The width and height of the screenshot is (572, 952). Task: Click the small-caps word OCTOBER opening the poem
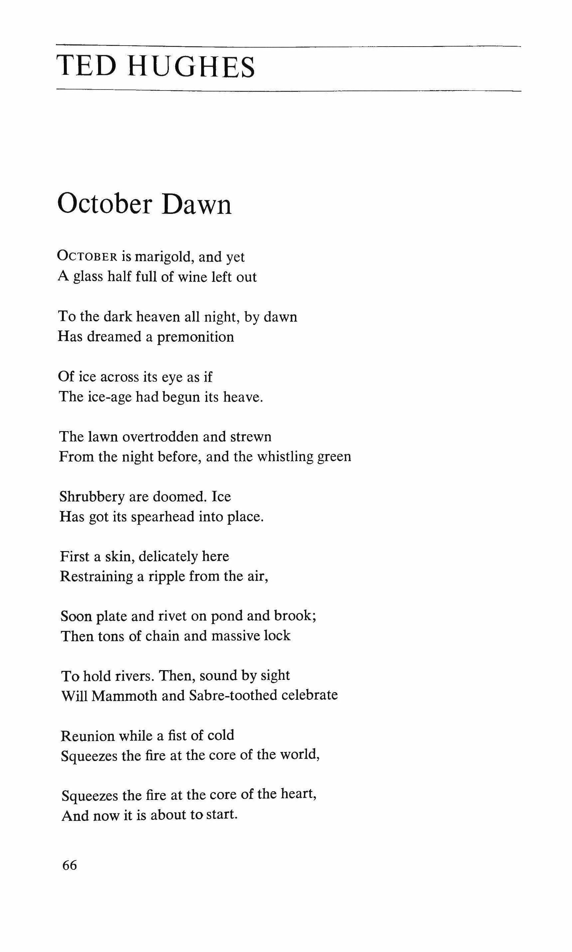coord(87,257)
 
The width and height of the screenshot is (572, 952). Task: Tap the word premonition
coord(196,337)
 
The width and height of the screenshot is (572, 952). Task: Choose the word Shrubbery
coord(92,497)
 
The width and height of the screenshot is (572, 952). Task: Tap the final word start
coord(221,815)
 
